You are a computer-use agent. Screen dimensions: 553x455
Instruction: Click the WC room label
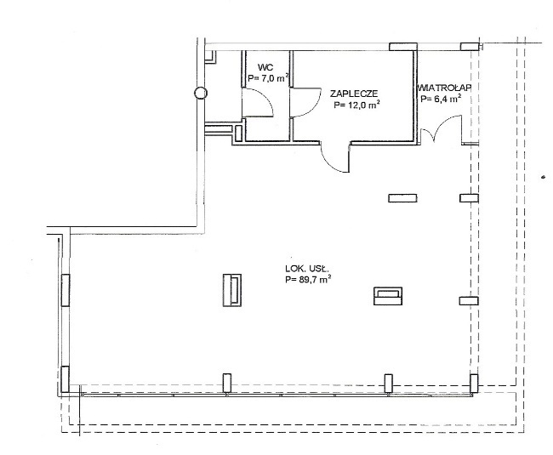[x=265, y=67]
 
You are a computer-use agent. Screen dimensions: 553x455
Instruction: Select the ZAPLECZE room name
[x=354, y=94]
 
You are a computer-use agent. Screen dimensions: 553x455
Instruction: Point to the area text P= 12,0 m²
[x=356, y=105]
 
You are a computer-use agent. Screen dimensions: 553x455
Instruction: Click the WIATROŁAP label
[x=444, y=88]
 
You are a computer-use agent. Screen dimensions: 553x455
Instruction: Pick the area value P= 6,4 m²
[x=442, y=99]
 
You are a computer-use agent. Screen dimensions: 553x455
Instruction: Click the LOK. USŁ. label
[x=307, y=270]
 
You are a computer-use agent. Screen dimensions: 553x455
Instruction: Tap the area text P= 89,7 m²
[x=308, y=280]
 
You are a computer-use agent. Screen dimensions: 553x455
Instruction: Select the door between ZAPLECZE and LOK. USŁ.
[x=336, y=157]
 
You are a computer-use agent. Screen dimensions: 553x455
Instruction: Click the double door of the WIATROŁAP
[x=442, y=129]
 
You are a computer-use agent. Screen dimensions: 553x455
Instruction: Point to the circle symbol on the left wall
[x=201, y=93]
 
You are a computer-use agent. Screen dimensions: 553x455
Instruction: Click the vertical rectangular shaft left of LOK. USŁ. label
[x=232, y=290]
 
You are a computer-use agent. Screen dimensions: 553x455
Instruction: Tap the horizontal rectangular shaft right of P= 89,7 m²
[x=388, y=296]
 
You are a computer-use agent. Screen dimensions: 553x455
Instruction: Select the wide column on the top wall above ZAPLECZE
[x=403, y=47]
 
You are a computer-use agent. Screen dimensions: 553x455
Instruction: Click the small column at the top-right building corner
[x=470, y=47]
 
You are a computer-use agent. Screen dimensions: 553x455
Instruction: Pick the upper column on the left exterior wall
[x=66, y=290]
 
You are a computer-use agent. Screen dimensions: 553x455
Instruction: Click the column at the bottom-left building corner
[x=65, y=378]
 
